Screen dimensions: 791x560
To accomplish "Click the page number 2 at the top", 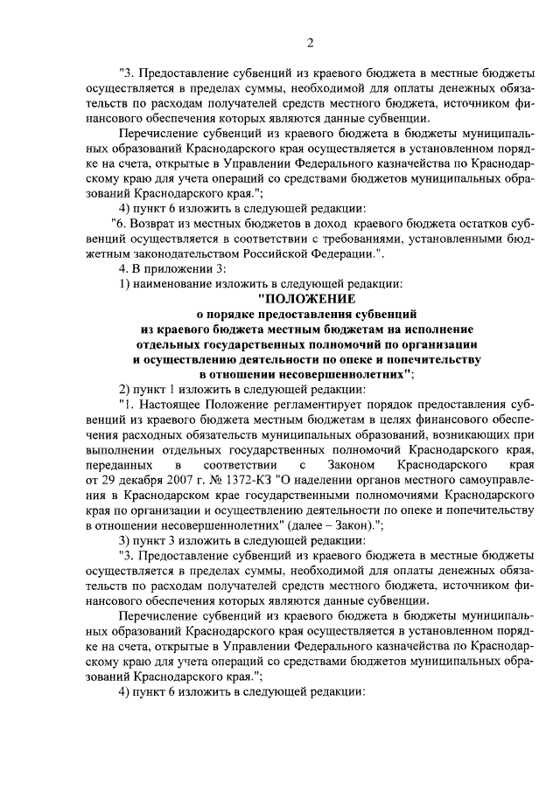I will click(310, 44).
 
